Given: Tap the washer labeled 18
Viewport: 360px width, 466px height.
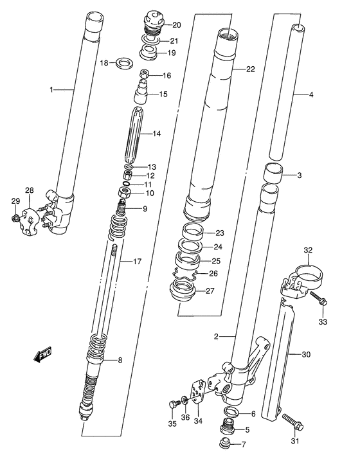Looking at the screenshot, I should click(x=125, y=63).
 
